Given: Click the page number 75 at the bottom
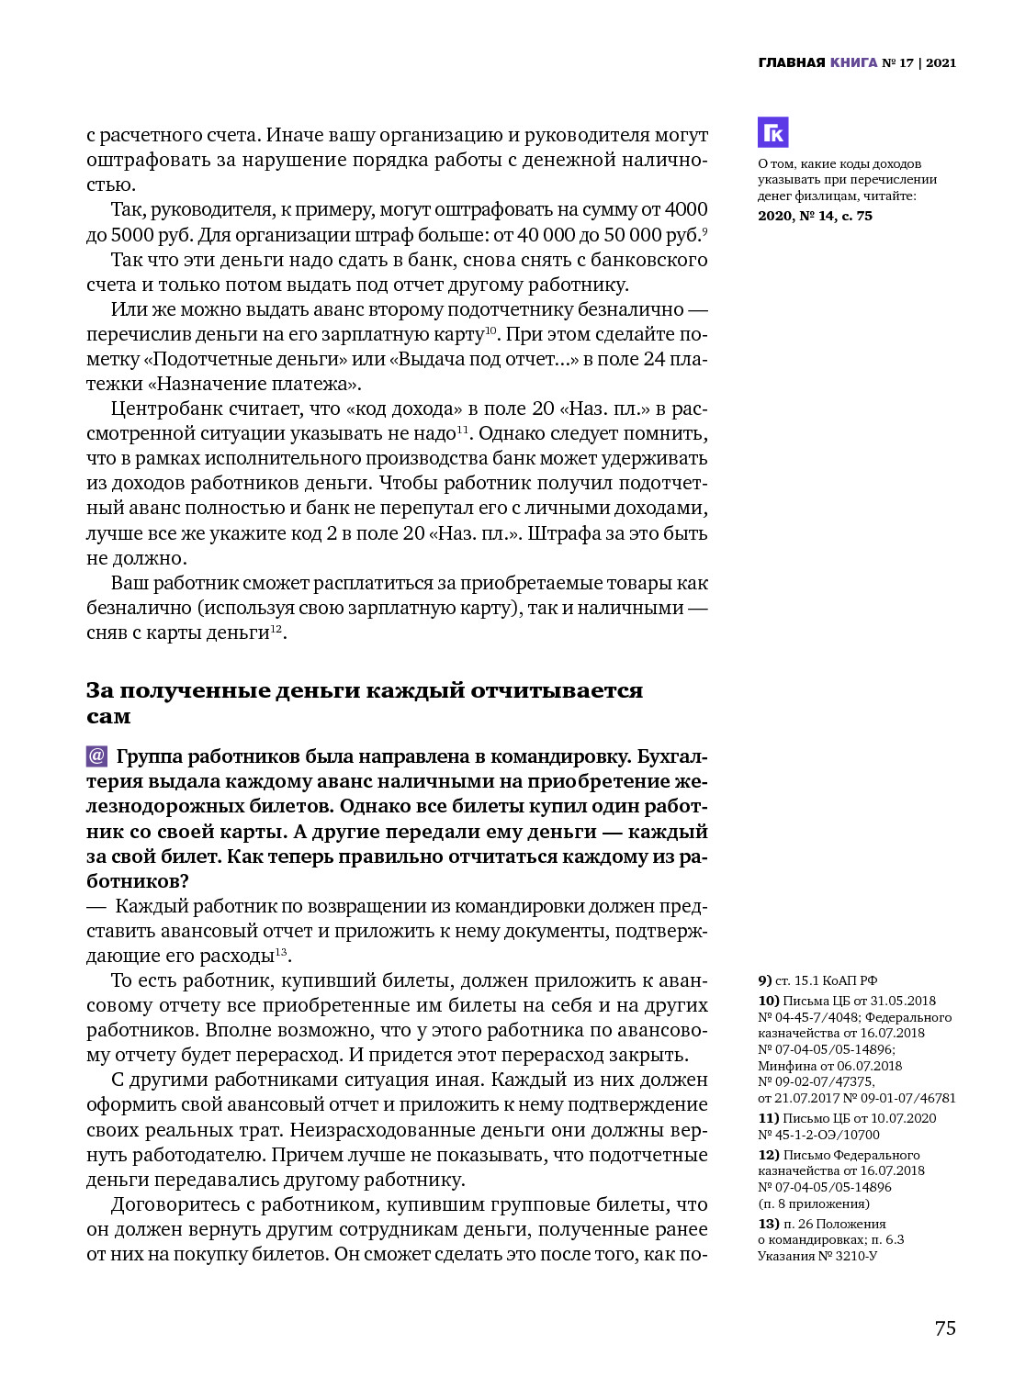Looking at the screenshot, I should (x=945, y=1328).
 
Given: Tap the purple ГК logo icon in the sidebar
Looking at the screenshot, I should (x=773, y=133).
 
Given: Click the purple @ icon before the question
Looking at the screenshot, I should (x=96, y=756).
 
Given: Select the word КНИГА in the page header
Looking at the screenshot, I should (x=853, y=62).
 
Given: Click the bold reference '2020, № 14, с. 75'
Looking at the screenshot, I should (x=815, y=216).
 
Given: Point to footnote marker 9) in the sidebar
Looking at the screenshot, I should (x=765, y=980).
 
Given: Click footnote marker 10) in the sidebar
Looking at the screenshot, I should (x=768, y=1001).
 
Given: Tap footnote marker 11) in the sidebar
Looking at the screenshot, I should (x=768, y=1118).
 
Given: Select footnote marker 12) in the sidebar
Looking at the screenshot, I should (x=768, y=1155).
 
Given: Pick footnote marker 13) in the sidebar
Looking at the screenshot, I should (x=768, y=1224).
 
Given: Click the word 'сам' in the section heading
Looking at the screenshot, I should (x=108, y=716).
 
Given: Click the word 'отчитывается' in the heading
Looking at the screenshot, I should (x=556, y=690).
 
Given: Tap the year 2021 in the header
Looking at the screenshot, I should (x=941, y=62).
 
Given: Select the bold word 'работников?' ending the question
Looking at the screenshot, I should (x=138, y=881).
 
